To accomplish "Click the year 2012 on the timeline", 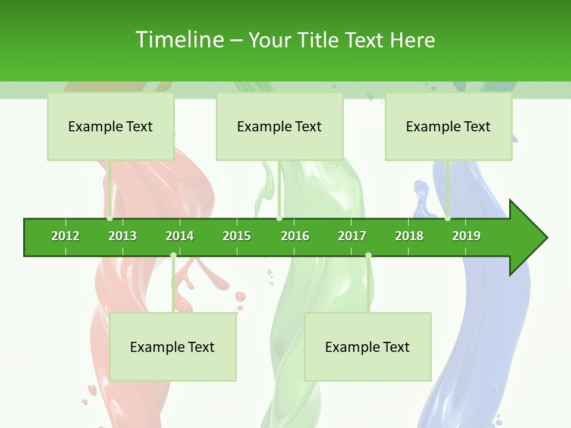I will coord(65,236).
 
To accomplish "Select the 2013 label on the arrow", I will coord(123,236).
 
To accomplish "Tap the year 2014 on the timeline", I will coord(180,236).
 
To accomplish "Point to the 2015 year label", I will coord(237,236).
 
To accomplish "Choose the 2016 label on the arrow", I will coord(295,236).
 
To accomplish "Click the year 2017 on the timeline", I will coord(352,236).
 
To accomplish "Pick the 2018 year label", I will coord(409,236).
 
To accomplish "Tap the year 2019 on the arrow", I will coord(466,236).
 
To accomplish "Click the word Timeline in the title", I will coord(179,40).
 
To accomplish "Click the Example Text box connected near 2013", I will coord(111,126).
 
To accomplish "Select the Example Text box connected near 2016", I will coord(280,126).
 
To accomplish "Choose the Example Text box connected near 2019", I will coord(448,126).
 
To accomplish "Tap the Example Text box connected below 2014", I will coord(172,347).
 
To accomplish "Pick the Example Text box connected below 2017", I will coord(368,347).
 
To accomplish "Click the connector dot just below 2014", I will coord(173,256).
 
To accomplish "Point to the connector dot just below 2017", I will coord(368,256).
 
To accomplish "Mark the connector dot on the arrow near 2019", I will coord(448,218).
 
